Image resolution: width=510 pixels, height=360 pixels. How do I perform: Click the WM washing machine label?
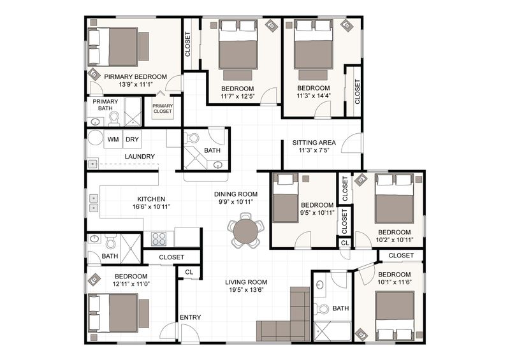pyautogui.click(x=113, y=139)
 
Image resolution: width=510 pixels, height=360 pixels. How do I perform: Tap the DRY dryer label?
pyautogui.click(x=132, y=139)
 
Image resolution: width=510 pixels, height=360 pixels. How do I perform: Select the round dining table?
pyautogui.click(x=246, y=233)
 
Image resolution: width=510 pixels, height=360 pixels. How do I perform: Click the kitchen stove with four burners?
pyautogui.click(x=159, y=239)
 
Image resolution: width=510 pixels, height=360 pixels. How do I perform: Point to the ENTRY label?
pyautogui.click(x=191, y=317)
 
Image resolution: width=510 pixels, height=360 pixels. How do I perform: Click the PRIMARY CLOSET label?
pyautogui.click(x=163, y=109)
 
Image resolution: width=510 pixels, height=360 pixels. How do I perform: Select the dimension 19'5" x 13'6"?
pyautogui.click(x=245, y=291)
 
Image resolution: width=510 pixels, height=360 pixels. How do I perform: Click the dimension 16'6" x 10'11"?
pyautogui.click(x=150, y=207)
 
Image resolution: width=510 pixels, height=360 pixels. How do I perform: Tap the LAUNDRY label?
pyautogui.click(x=140, y=156)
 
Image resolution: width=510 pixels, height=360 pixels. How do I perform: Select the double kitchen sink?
pyautogui.click(x=94, y=202)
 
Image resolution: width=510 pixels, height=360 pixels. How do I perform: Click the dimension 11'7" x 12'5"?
pyautogui.click(x=238, y=97)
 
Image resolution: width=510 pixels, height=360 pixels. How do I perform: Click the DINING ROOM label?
pyautogui.click(x=235, y=194)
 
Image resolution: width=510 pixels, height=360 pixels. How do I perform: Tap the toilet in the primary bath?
pyautogui.click(x=114, y=118)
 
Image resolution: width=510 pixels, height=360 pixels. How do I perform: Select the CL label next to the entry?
pyautogui.click(x=189, y=271)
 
